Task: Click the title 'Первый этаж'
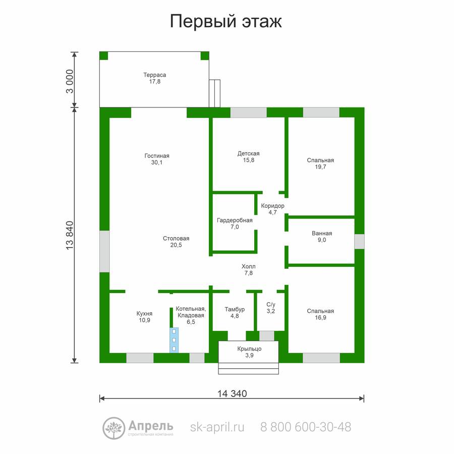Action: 225,22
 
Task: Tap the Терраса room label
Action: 155,78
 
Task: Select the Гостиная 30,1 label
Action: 157,159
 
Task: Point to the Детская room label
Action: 248,157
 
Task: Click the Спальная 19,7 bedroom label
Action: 320,163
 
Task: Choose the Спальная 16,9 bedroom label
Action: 320,314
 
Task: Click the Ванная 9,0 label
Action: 322,237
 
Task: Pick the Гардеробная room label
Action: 235,223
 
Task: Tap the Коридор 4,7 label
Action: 272,209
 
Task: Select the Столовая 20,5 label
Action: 176,242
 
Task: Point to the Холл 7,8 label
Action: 248,269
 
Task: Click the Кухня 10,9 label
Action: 144,317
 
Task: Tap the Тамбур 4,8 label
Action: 235,312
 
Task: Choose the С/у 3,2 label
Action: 271,308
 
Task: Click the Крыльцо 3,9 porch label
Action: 249,352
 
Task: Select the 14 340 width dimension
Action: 232,393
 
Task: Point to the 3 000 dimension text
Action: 70,81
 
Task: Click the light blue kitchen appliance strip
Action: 174,340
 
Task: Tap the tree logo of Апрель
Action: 114,428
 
